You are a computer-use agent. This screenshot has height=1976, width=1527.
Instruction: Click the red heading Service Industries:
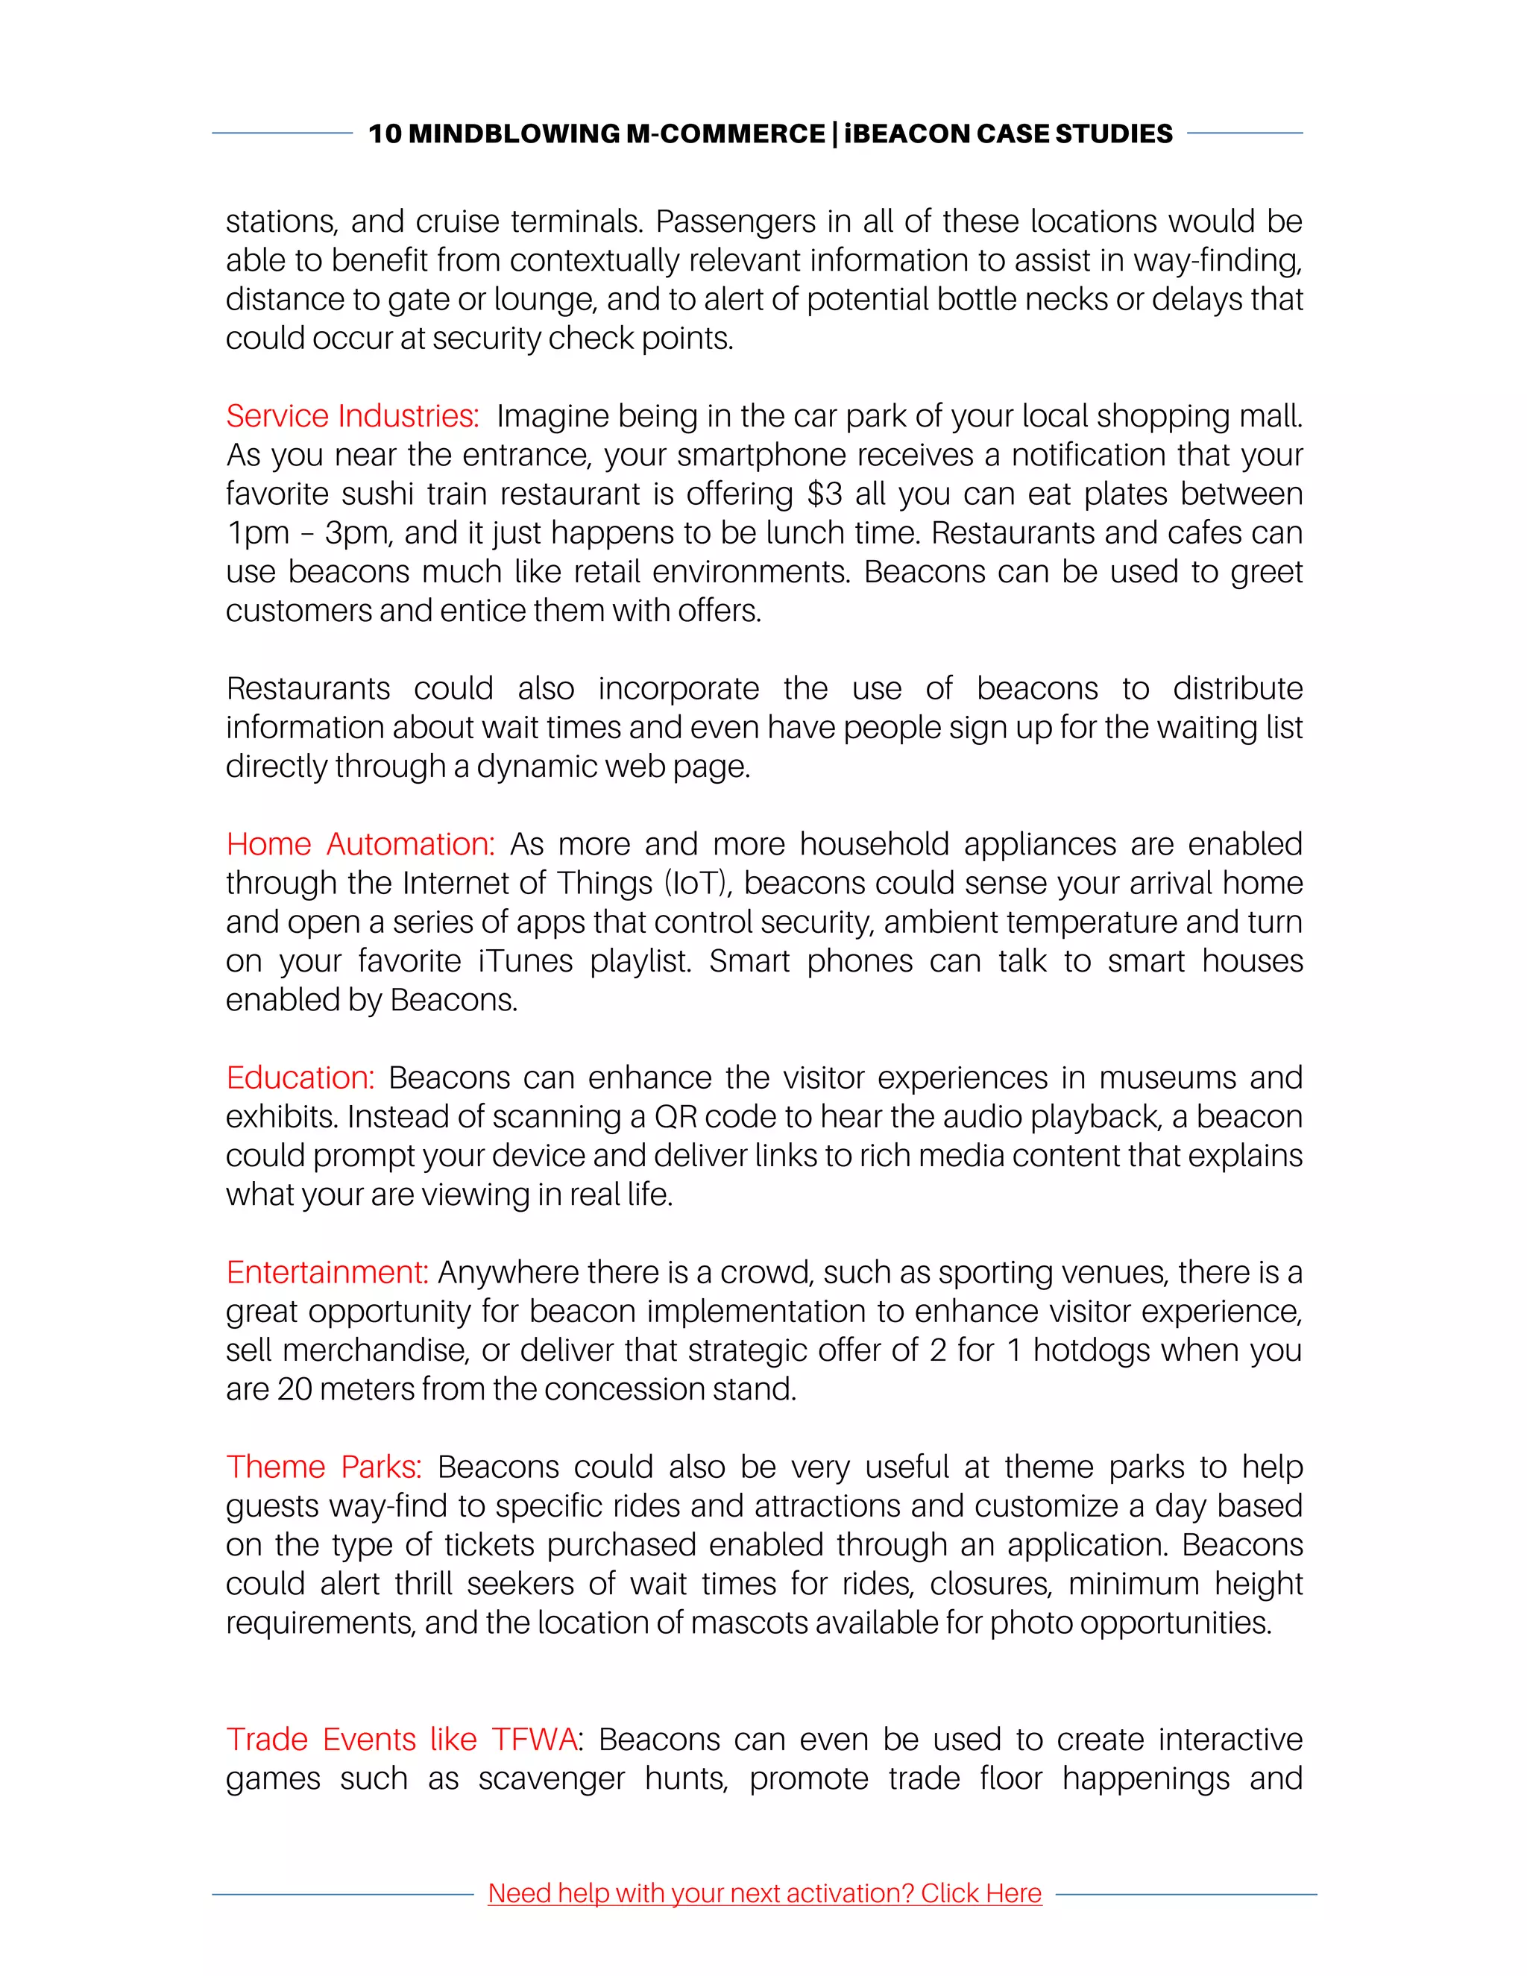pos(352,416)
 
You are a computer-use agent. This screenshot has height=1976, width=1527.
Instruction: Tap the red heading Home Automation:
pos(360,844)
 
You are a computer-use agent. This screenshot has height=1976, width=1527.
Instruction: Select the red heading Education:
pos(300,1077)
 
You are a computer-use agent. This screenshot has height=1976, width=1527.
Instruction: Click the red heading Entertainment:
pos(327,1272)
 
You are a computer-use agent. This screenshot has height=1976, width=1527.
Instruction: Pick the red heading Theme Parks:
pos(323,1467)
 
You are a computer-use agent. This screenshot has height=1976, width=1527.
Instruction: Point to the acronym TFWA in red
pos(534,1739)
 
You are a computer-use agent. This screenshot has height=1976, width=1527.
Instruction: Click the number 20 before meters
pos(294,1389)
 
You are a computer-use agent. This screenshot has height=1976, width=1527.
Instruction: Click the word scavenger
pos(551,1778)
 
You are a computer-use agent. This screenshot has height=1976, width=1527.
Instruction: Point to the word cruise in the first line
pos(458,221)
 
